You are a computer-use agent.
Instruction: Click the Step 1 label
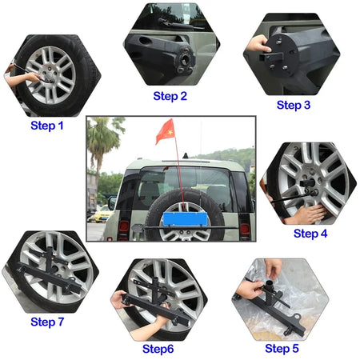47,126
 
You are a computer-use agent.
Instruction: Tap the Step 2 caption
170,96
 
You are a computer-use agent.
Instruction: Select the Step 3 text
294,105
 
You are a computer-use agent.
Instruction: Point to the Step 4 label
310,234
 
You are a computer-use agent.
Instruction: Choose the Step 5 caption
282,348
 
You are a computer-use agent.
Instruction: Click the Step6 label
158,349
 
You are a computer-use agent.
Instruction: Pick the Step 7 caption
47,322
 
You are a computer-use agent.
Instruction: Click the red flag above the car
165,131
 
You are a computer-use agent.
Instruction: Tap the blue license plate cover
185,219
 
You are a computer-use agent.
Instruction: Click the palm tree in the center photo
102,146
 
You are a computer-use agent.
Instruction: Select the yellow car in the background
101,214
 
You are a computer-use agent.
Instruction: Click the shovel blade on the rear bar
138,228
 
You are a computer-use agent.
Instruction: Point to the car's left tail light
123,227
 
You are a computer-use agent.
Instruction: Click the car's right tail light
245,229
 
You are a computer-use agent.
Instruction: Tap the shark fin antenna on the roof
186,156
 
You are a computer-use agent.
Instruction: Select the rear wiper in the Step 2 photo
179,24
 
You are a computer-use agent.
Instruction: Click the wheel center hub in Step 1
50,77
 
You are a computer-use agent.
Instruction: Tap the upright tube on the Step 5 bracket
269,286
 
